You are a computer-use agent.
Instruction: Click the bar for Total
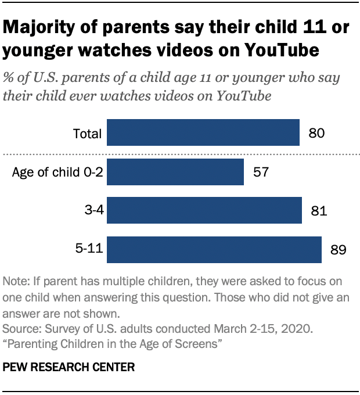pyautogui.click(x=203, y=133)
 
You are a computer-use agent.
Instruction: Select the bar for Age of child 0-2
pyautogui.click(x=175, y=173)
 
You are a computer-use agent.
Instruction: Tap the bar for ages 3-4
pyautogui.click(x=204, y=210)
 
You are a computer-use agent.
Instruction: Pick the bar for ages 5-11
pyautogui.click(x=214, y=250)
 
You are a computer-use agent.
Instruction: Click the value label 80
pyautogui.click(x=316, y=133)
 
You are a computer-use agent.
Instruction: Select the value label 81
pyautogui.click(x=319, y=210)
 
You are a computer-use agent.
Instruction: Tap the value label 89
pyautogui.click(x=338, y=250)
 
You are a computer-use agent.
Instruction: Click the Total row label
pyautogui.click(x=87, y=134)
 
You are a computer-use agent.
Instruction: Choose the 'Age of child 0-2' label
pyautogui.click(x=57, y=173)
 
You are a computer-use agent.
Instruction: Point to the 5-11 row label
pyautogui.click(x=89, y=250)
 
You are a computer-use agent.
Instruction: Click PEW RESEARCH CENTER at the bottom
pyautogui.click(x=69, y=367)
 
